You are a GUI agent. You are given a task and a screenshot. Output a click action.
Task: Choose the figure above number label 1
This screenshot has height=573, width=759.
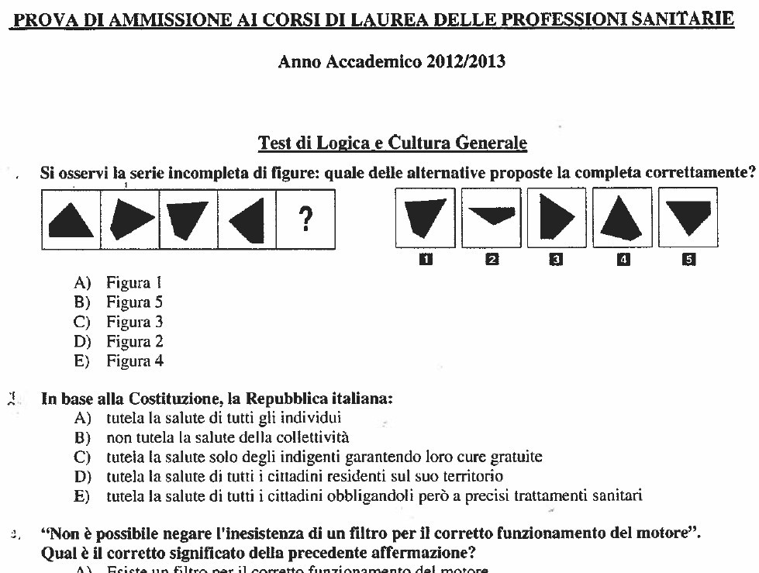click(425, 217)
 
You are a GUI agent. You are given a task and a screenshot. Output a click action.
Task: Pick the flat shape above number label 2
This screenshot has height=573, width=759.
click(492, 216)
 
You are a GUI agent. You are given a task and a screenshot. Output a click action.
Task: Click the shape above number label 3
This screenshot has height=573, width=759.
click(556, 216)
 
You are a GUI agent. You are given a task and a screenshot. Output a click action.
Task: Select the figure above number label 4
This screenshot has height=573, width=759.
click(622, 217)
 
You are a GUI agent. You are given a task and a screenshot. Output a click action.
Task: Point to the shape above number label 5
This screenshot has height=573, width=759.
click(688, 216)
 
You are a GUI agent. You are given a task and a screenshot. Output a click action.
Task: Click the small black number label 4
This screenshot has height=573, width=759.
click(622, 261)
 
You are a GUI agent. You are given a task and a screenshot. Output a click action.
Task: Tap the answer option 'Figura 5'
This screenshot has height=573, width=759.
click(134, 302)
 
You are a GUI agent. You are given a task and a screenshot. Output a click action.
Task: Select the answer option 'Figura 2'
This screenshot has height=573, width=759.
click(134, 341)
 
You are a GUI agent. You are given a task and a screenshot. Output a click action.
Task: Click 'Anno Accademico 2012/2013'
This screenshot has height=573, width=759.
click(392, 62)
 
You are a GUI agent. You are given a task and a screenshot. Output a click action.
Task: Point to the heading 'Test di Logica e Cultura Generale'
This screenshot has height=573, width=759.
click(392, 143)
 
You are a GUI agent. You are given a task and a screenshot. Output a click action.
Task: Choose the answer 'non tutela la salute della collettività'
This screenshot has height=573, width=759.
click(228, 438)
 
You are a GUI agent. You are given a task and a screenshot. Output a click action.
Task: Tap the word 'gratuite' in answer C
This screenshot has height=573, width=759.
click(516, 457)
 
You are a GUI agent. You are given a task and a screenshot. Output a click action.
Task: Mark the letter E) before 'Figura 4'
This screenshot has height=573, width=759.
click(81, 361)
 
